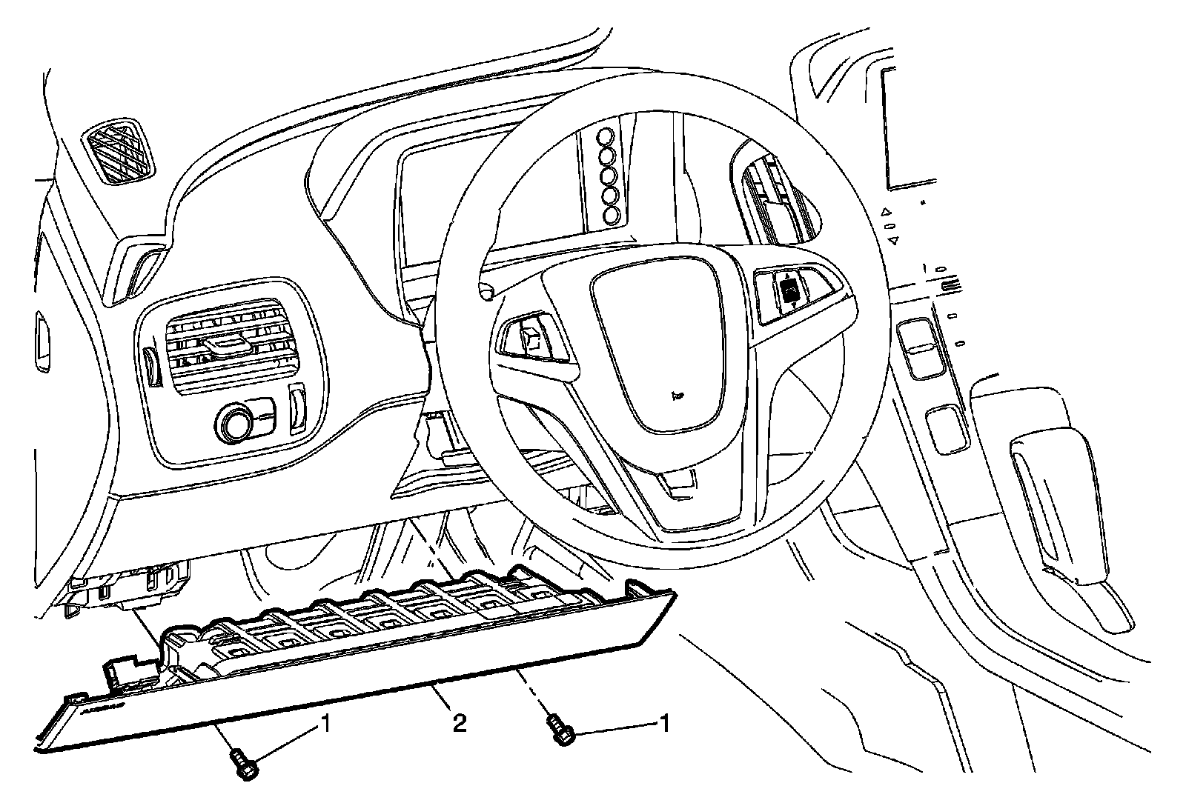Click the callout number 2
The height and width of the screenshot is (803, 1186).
(x=460, y=722)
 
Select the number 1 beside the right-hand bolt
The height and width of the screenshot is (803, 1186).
(x=665, y=723)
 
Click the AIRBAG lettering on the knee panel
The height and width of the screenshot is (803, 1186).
(x=102, y=708)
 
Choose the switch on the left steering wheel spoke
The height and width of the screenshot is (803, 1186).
(x=531, y=338)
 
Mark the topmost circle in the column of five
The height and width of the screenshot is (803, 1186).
(x=608, y=137)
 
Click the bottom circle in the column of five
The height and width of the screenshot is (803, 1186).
(x=612, y=216)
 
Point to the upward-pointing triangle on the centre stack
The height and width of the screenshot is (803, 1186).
(x=885, y=213)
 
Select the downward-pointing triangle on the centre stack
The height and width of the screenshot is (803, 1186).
(x=893, y=240)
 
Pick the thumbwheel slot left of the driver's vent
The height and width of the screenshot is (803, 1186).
(x=153, y=367)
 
